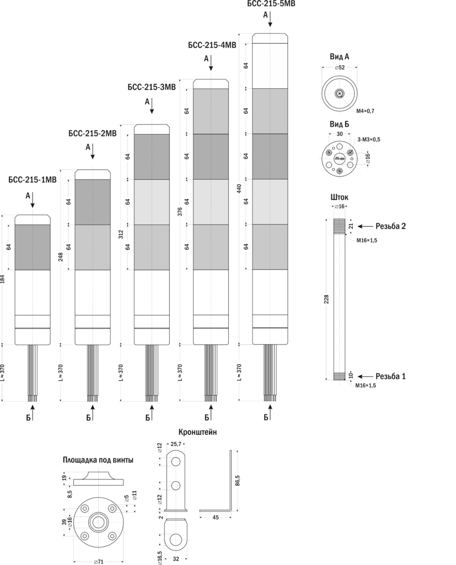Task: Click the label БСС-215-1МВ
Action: click(x=33, y=180)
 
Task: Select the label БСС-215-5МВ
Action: click(x=270, y=3)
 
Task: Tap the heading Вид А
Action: click(x=339, y=57)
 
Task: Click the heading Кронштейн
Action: click(x=198, y=433)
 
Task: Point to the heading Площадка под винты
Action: click(x=98, y=460)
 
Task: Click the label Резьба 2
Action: click(x=390, y=226)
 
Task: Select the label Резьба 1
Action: click(x=390, y=376)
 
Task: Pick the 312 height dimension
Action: click(x=121, y=234)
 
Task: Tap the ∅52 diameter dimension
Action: click(x=339, y=67)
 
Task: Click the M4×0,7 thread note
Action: click(x=364, y=111)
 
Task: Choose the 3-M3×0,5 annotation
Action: click(x=368, y=140)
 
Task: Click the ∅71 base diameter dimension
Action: click(x=98, y=561)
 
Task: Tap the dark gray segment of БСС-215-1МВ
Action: click(x=33, y=247)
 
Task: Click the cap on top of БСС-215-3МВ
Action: click(x=152, y=129)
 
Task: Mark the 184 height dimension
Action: click(x=3, y=280)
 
